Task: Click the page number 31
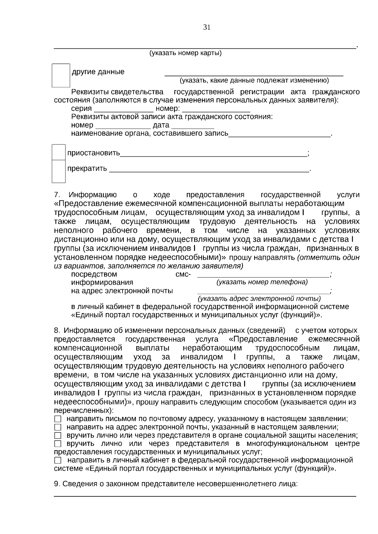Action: pyautogui.click(x=207, y=27)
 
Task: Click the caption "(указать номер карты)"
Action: pyautogui.click(x=185, y=53)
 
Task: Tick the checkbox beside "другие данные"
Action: pyautogui.click(x=61, y=75)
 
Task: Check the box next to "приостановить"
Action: pyautogui.click(x=59, y=152)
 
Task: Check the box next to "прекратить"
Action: pyautogui.click(x=59, y=171)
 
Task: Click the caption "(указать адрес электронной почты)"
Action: pyautogui.click(x=259, y=298)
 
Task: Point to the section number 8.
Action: pyautogui.click(x=57, y=331)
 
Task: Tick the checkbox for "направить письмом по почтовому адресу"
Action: pyautogui.click(x=58, y=419)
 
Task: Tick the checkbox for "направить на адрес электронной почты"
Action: pyautogui.click(x=58, y=427)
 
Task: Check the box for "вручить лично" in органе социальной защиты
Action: pyautogui.click(x=58, y=436)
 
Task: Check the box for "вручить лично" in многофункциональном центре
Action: pyautogui.click(x=58, y=444)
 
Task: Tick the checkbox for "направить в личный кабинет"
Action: pyautogui.click(x=58, y=460)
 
